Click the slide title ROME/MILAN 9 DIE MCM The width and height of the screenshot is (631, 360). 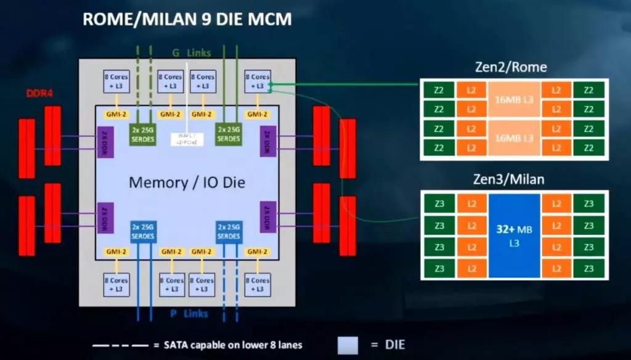(x=187, y=20)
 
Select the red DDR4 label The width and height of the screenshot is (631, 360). (x=39, y=94)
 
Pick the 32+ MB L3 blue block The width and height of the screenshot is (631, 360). (x=514, y=236)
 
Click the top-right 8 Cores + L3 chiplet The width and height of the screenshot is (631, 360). (x=257, y=81)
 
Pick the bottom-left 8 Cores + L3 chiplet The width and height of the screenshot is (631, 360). (x=115, y=284)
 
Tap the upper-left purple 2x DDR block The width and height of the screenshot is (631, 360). (x=105, y=142)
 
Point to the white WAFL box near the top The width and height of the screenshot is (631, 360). (x=185, y=139)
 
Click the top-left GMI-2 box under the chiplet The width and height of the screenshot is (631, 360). (x=115, y=114)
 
